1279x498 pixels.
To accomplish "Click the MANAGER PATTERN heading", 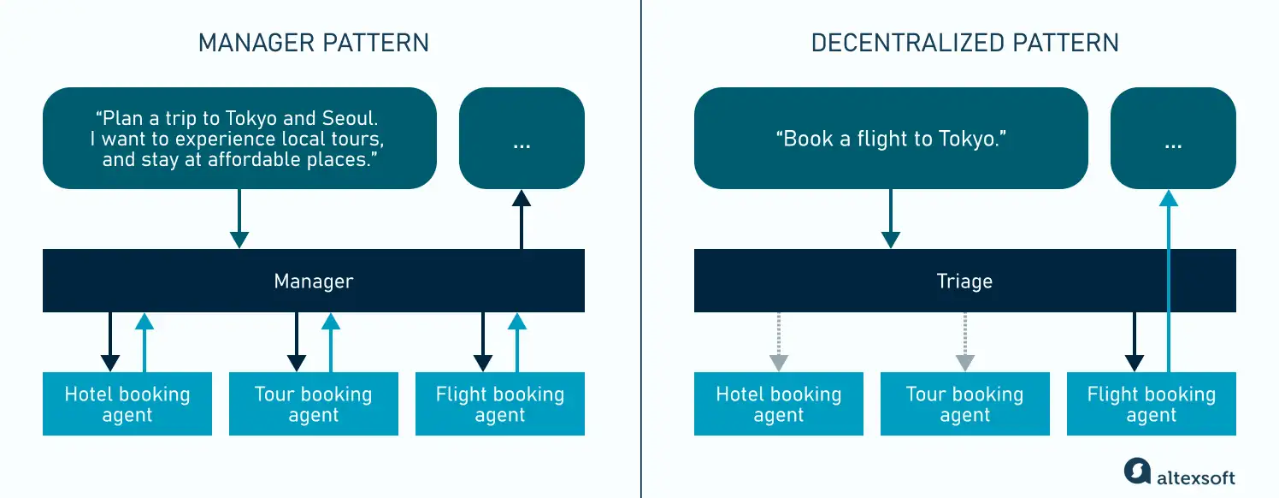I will click(313, 43).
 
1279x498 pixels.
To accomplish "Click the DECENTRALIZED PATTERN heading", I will click(964, 43).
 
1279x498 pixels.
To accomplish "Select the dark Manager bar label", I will click(313, 282).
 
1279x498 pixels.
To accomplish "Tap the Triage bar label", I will click(964, 282).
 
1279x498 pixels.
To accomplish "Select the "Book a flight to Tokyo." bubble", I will click(891, 139).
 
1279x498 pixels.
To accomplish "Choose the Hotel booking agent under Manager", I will click(127, 405).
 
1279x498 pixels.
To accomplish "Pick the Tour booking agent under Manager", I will click(313, 405).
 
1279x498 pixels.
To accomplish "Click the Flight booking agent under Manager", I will click(500, 405).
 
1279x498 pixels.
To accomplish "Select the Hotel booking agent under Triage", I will click(778, 405).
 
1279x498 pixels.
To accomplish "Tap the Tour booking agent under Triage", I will click(964, 405).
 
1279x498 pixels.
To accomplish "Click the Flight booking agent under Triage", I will click(1151, 405).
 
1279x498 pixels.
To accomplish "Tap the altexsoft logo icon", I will click(1138, 472).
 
